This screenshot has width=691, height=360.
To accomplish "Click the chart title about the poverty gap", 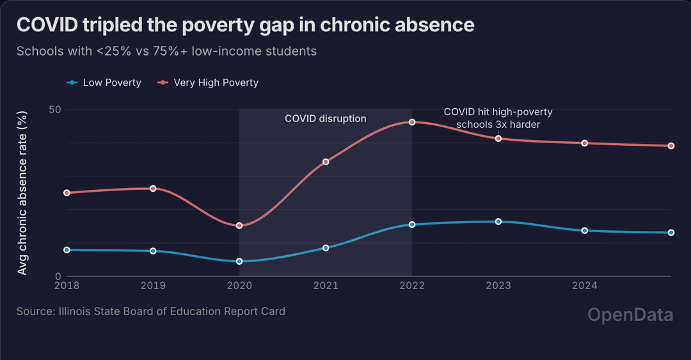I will pos(246,25).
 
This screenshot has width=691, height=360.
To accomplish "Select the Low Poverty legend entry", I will pos(104,82).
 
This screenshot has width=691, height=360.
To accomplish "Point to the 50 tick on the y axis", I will pos(55,109).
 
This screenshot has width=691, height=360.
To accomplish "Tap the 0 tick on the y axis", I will pos(58,276).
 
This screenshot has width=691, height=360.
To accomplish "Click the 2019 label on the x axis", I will pos(153,286).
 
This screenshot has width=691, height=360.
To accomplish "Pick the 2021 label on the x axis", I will pos(326,286).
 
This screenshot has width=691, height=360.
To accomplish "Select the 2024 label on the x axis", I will pos(585,286).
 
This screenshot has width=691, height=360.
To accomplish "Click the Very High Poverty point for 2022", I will pos(412,121).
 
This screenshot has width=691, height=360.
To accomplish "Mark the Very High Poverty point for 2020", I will pos(239,226).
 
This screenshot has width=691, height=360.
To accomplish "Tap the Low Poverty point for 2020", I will pos(239,262).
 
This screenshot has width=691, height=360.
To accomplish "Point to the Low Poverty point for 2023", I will pos(498,221).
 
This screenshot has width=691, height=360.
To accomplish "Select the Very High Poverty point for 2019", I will pos(153,189).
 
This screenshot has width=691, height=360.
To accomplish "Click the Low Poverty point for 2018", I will pos(67,250).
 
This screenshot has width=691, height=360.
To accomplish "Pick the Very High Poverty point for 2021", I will pos(326,162).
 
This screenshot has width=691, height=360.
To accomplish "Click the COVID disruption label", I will pos(325,118).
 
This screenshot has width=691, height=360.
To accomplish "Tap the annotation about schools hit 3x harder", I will pos(498,118).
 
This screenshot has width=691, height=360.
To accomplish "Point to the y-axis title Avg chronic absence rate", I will pos(23,193).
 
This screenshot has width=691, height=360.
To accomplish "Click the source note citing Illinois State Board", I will pos(151,311).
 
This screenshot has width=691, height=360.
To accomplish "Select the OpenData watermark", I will pos(630,315).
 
